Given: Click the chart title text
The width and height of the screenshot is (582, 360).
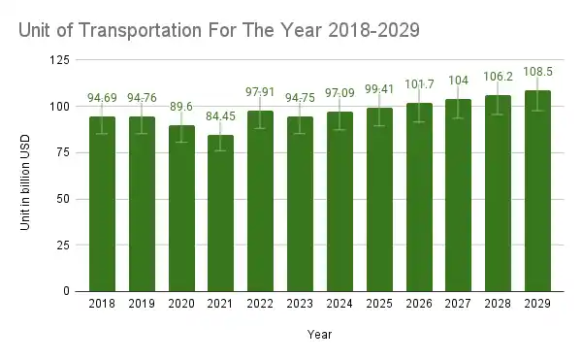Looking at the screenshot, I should point(218,30).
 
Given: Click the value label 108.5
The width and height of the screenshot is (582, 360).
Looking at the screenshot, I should point(537,73).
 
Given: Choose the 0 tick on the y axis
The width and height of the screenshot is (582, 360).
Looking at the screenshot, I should point(67,291).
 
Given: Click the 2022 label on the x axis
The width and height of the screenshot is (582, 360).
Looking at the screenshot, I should point(261,304).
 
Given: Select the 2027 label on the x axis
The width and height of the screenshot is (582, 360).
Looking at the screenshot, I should point(459,304).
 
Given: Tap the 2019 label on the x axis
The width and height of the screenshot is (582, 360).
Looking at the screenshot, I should point(142,304).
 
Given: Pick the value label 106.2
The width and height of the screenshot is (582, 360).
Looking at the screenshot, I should point(498,77).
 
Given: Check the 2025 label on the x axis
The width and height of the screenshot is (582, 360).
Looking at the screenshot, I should point(379,304).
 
